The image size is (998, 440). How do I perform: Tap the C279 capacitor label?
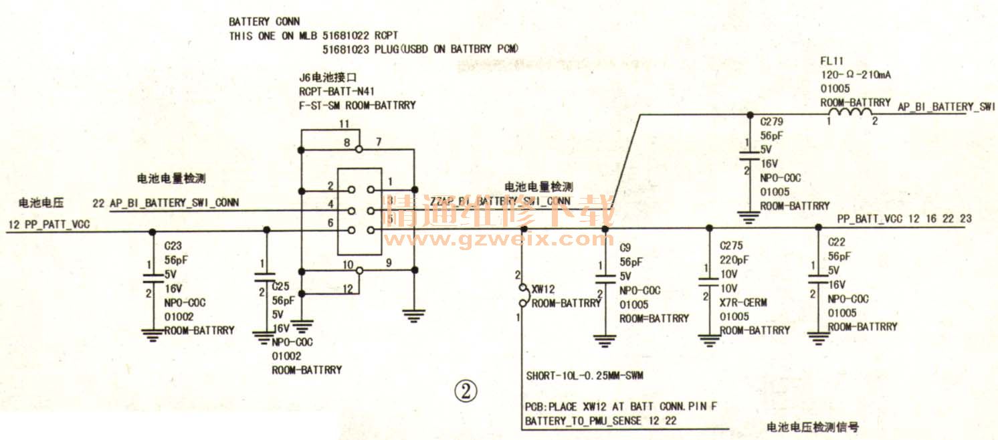tap(771, 122)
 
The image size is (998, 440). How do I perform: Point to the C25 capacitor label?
tap(282, 286)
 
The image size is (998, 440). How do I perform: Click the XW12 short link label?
tap(542, 289)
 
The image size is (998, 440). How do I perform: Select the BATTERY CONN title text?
tap(264, 22)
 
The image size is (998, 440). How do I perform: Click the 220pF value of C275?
tap(734, 260)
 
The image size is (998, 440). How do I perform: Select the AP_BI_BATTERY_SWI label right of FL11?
tap(946, 107)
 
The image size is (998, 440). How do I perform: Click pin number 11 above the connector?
tap(344, 124)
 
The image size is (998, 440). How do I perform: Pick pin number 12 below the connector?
tap(346, 289)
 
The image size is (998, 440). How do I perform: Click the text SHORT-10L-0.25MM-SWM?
tap(584, 376)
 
